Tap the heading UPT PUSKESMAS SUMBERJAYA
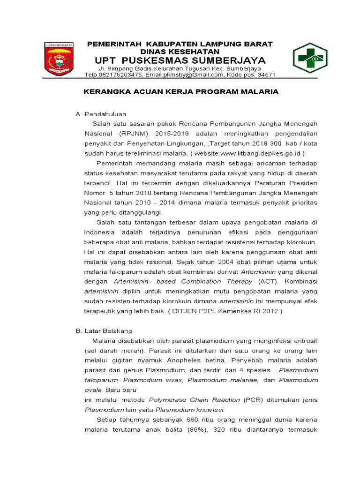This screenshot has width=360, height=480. pos(180,60)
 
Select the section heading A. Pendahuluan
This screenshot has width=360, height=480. pos(101,114)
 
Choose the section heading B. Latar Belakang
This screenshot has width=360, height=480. pos(104,330)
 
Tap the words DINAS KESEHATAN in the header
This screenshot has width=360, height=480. pos(180,51)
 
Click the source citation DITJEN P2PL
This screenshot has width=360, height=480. pos(221,311)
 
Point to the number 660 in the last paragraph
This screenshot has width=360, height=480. pos(194,420)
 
